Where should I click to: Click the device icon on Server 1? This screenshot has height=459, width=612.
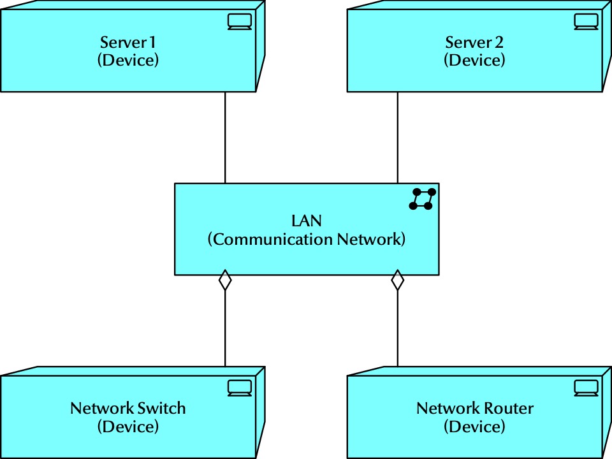click(x=240, y=22)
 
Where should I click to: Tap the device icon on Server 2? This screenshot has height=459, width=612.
click(x=586, y=22)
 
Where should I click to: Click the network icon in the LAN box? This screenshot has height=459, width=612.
click(x=423, y=199)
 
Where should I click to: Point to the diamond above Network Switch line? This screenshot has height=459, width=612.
click(x=225, y=280)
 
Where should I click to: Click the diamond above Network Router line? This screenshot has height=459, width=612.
click(x=398, y=280)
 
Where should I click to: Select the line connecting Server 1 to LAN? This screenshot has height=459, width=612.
click(x=225, y=138)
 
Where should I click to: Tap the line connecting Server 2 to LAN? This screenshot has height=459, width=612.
click(x=398, y=138)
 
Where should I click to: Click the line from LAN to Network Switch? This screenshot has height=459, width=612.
click(x=225, y=328)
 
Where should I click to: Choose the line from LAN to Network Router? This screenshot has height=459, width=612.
click(x=398, y=328)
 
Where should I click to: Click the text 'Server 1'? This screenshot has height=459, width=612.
click(x=127, y=43)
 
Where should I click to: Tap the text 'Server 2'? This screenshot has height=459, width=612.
click(x=474, y=43)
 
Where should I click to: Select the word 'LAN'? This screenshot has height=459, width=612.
click(x=307, y=221)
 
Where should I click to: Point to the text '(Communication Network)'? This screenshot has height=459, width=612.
click(x=307, y=240)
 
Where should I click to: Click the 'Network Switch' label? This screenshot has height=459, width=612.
click(x=127, y=408)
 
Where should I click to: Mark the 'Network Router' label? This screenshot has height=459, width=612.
click(x=474, y=408)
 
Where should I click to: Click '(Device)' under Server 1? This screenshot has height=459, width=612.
click(x=127, y=61)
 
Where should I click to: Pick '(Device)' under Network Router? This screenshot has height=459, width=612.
click(x=474, y=426)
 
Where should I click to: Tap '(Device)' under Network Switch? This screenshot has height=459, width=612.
click(x=127, y=426)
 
